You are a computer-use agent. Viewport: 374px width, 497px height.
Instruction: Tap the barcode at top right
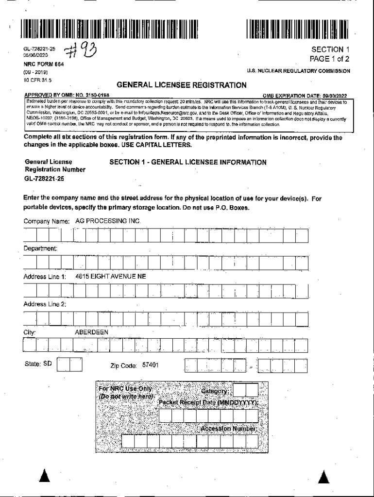[x=298, y=29]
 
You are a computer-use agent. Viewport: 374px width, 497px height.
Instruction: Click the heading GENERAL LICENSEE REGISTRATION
[x=182, y=85]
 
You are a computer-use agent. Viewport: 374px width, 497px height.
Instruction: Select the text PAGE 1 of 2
[x=330, y=60]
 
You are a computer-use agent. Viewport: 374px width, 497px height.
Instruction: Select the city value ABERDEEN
[x=92, y=332]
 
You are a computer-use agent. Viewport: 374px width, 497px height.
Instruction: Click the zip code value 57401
[x=150, y=365]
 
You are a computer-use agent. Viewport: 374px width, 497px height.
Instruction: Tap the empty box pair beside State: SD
[x=69, y=365]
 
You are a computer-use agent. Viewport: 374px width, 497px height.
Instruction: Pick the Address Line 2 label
[x=45, y=304]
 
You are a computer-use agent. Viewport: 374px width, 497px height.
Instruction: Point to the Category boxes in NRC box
[x=246, y=390]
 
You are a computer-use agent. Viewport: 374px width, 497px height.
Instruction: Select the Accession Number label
[x=228, y=429]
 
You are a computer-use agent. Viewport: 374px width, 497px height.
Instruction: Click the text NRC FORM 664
[x=44, y=65]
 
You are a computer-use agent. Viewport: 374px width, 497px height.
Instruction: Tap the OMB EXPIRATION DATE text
[x=305, y=96]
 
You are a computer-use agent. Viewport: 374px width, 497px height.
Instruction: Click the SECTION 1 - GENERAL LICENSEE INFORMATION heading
[x=188, y=163]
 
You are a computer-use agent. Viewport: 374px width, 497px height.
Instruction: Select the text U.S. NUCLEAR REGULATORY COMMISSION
[x=298, y=71]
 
